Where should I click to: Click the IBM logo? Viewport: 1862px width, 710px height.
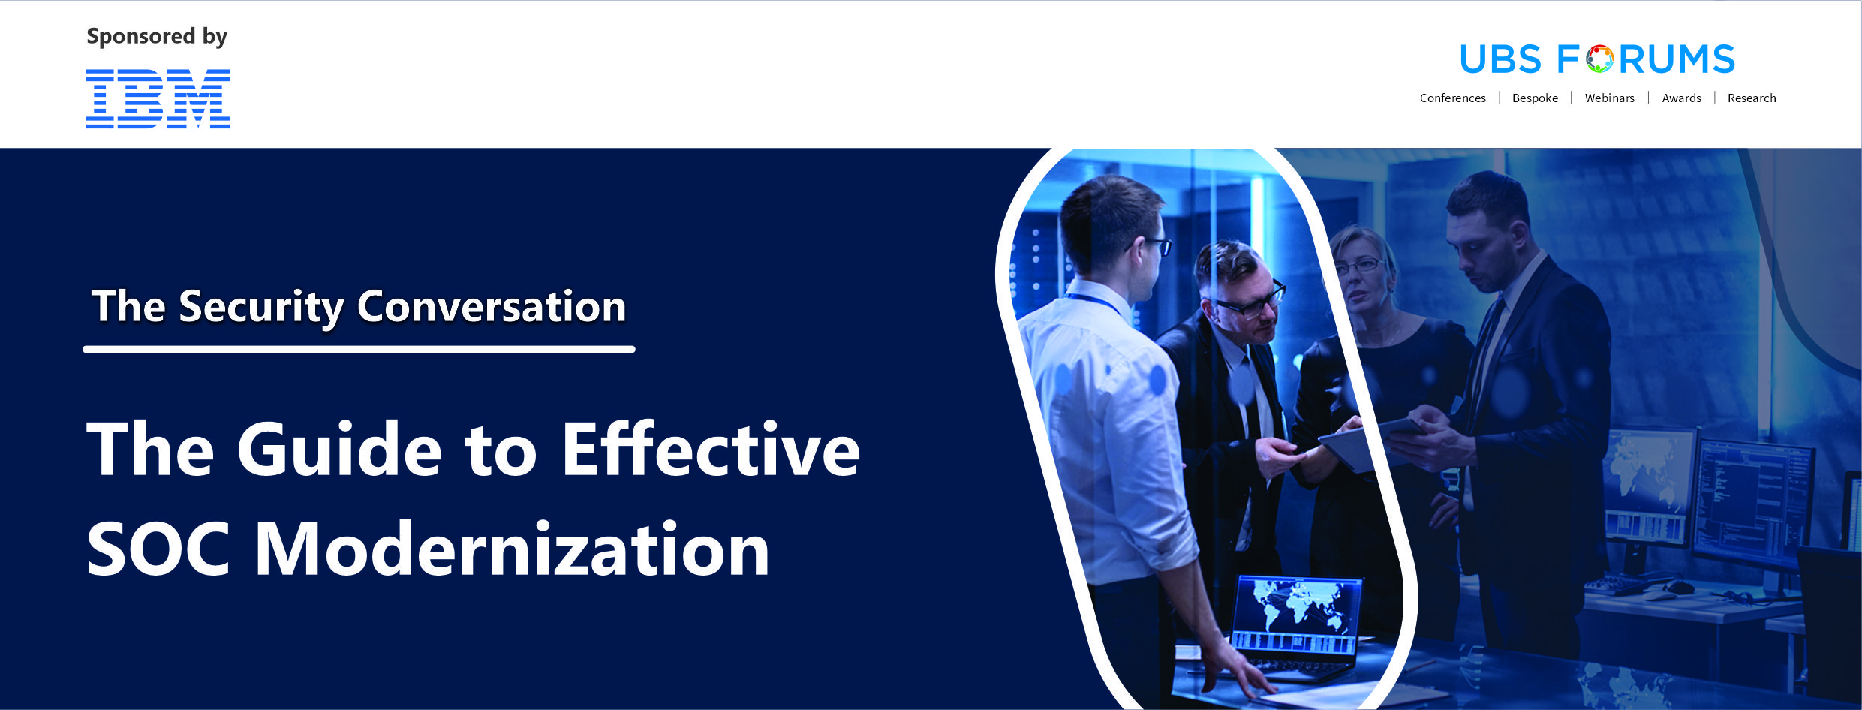tap(158, 98)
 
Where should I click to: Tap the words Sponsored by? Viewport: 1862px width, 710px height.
tap(157, 36)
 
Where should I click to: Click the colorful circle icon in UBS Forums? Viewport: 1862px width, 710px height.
tap(1599, 59)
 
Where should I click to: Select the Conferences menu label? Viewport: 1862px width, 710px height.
tap(1452, 98)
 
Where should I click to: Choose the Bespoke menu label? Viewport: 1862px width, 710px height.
tap(1535, 98)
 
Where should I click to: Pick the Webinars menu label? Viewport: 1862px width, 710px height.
tap(1609, 98)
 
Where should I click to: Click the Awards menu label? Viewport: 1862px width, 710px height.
tap(1681, 98)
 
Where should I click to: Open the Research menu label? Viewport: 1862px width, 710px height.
tap(1752, 98)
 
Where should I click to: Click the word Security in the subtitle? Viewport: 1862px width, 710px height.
tap(261, 308)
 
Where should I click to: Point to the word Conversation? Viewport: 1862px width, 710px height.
tap(492, 306)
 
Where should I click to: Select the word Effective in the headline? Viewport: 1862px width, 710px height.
tap(711, 449)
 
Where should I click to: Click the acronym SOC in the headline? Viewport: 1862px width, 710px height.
tap(158, 549)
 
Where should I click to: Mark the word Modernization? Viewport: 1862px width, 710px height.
tap(513, 549)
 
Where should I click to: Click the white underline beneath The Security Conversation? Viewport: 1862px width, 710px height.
tap(359, 349)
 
